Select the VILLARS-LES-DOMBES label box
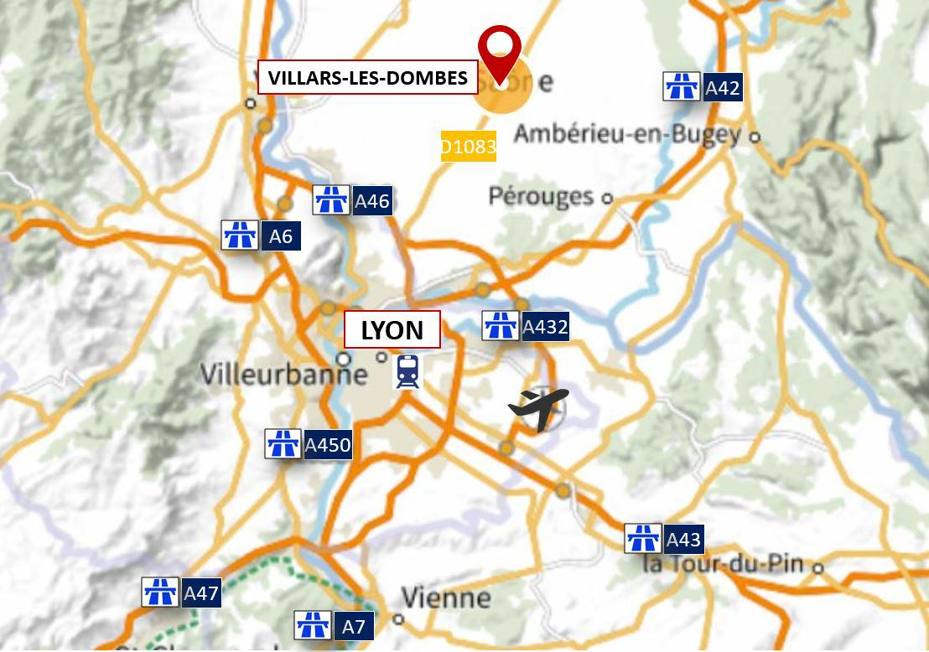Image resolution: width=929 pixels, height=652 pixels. coord(367,78)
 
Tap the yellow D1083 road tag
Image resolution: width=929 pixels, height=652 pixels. coord(469,147)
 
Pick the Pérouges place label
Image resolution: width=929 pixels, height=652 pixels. coord(541,196)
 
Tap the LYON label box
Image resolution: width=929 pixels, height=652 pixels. coord(392,330)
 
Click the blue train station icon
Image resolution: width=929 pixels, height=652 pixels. coord(407,371)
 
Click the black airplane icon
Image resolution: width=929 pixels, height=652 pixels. coord(538,408)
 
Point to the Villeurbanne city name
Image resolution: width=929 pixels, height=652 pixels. coord(283,374)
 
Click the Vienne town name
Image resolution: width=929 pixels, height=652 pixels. coord(445,598)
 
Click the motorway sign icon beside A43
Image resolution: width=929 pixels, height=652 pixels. coord(643,539)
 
